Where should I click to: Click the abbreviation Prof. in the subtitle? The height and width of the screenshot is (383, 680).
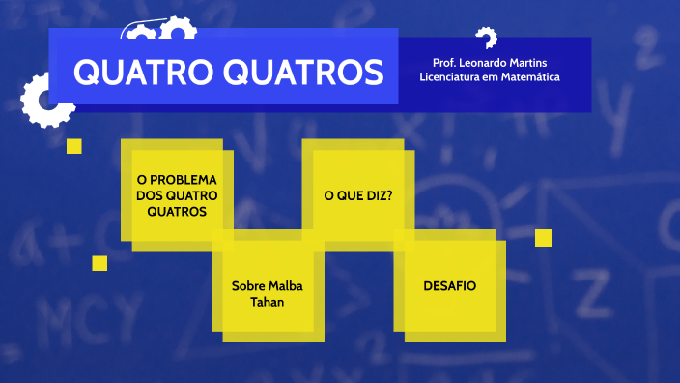(445, 63)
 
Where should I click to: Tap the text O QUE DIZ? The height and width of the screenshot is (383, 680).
(357, 194)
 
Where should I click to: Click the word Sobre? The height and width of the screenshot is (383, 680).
(248, 286)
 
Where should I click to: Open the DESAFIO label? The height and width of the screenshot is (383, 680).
(449, 286)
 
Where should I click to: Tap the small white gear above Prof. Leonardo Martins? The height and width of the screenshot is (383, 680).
(486, 37)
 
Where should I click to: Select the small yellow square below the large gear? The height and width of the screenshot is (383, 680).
(73, 146)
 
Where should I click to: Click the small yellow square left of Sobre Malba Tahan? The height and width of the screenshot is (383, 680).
(99, 263)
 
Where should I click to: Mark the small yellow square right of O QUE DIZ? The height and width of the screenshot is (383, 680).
(544, 238)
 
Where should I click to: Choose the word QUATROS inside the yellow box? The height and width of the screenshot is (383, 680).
(178, 211)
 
